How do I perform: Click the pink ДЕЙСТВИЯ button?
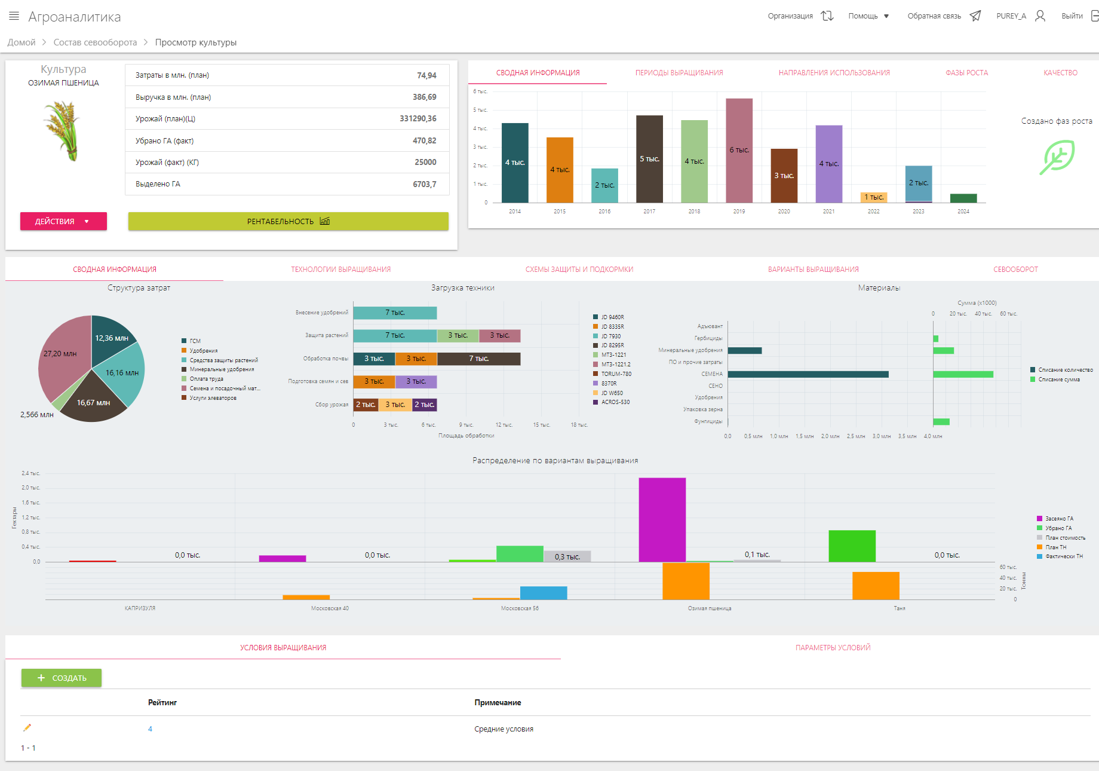coord(63,221)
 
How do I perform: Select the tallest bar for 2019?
coord(739,150)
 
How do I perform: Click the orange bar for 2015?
coord(560,170)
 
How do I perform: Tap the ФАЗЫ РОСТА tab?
coord(966,73)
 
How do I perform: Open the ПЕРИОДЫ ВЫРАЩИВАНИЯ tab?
coord(679,73)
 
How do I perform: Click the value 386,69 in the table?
coord(424,97)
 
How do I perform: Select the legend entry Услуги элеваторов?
coord(213,398)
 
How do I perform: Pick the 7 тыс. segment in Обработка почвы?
coord(478,359)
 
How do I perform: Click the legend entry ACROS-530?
coord(615,402)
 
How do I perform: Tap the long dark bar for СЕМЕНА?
coord(808,374)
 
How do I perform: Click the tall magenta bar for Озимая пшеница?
coord(662,519)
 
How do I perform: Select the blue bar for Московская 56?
coord(543,593)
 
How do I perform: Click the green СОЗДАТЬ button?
coord(62,678)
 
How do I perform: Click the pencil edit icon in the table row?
coord(27,728)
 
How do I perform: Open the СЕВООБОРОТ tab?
coord(1015,270)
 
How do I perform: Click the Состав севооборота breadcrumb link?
coord(95,42)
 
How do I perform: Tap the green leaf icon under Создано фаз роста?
coord(1057,157)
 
